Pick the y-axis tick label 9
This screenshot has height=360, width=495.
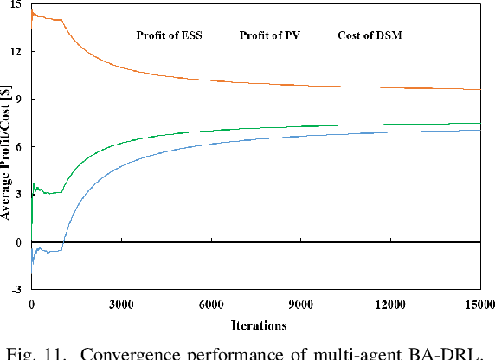tap(21, 100)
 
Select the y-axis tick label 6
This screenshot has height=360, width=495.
tap(21, 147)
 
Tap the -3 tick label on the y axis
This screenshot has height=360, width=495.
tap(18, 290)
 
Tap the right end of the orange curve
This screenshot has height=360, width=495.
tap(479, 90)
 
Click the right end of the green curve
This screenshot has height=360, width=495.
tap(479, 124)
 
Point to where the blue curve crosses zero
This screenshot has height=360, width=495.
tap(63, 242)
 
